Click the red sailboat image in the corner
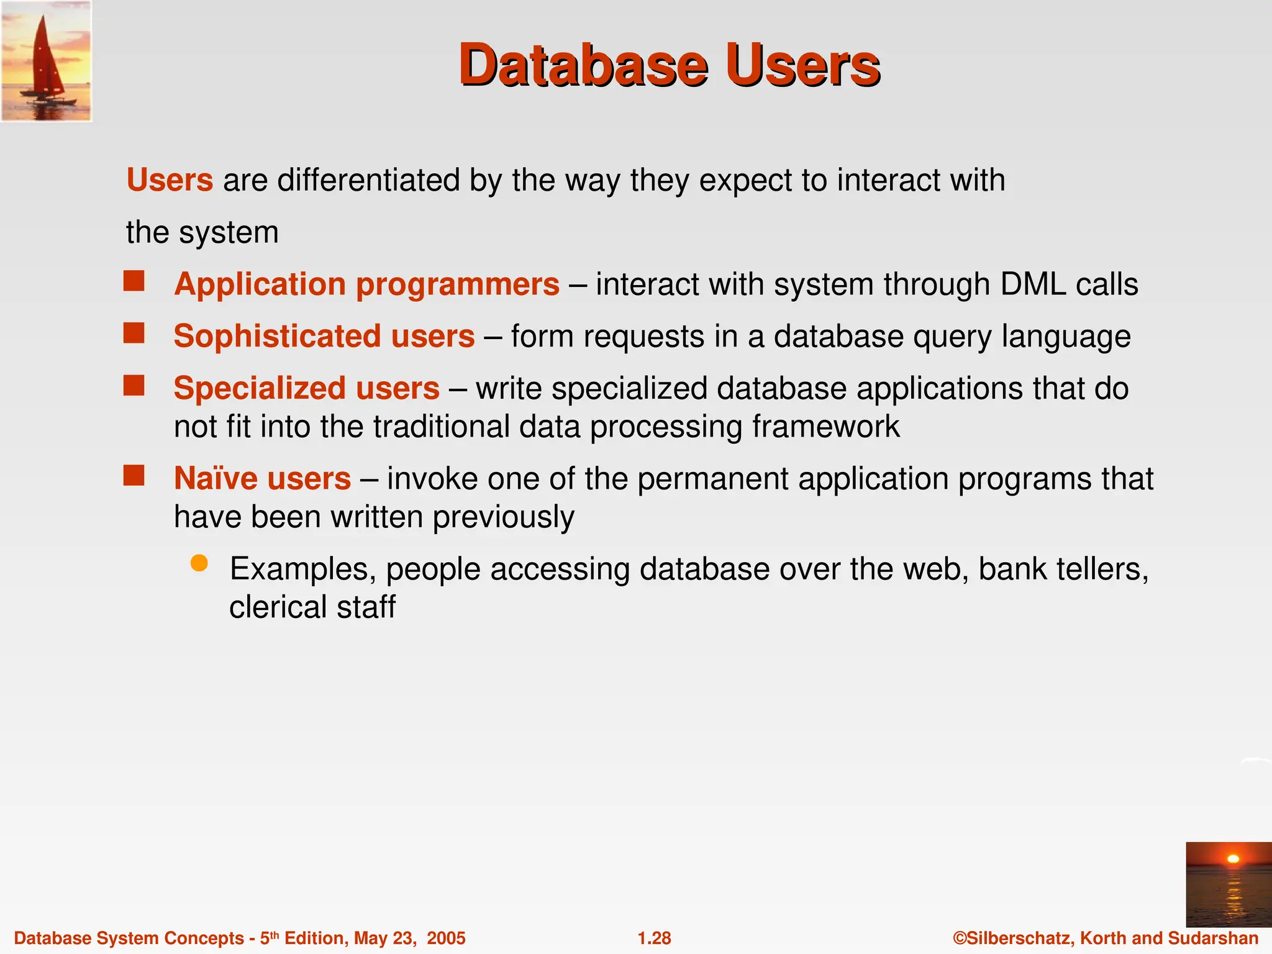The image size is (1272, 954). tap(46, 60)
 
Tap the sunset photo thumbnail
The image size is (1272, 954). tap(1229, 884)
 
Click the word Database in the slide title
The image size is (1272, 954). tap(583, 66)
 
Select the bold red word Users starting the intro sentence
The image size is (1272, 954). tap(170, 181)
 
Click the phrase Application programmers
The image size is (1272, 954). tap(366, 285)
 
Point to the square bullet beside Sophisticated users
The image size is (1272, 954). tap(134, 333)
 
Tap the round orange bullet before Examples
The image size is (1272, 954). tap(199, 563)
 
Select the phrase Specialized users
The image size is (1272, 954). tap(306, 389)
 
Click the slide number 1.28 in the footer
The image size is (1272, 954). tap(654, 938)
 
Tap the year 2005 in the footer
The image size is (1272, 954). tap(445, 938)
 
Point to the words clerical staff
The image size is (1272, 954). tap(312, 607)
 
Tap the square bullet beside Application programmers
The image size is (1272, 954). tap(134, 281)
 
